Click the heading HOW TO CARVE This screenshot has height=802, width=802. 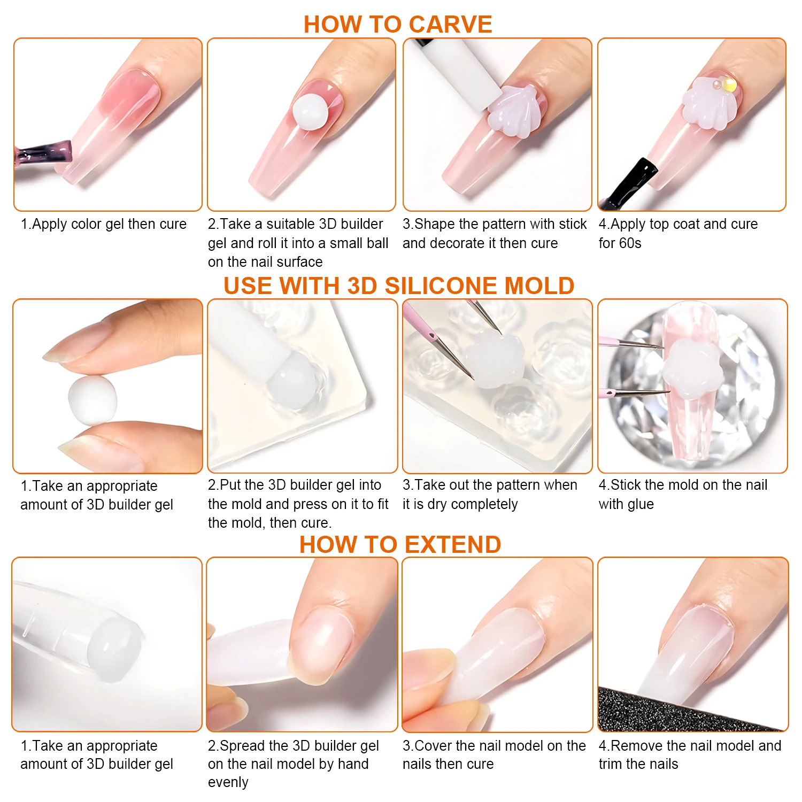(x=398, y=24)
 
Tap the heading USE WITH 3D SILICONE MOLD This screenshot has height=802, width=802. (x=399, y=286)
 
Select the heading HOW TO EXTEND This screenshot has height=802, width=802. (x=400, y=544)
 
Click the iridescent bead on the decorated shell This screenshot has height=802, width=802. (x=727, y=84)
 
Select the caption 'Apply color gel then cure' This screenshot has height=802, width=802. (x=109, y=224)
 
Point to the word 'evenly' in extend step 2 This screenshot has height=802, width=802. (x=228, y=782)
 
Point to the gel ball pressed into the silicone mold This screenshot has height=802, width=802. (x=292, y=383)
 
